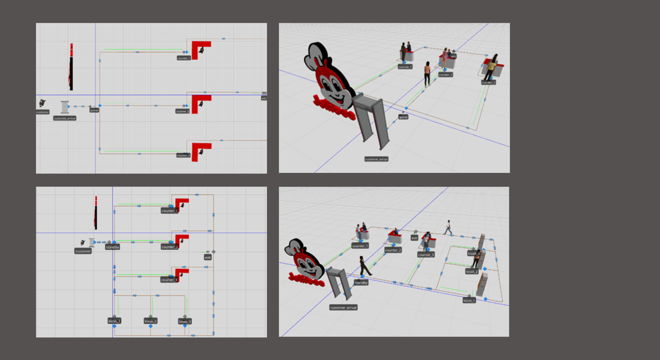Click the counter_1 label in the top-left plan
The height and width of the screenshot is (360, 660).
(183, 58)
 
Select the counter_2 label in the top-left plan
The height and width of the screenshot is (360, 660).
(182, 112)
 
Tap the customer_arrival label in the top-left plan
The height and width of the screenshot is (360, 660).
(65, 118)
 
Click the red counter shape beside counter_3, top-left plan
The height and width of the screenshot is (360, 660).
(199, 150)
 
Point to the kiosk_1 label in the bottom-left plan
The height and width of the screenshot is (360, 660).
(115, 321)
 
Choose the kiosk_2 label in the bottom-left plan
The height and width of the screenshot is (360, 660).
(150, 321)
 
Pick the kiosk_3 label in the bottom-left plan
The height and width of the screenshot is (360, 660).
(185, 321)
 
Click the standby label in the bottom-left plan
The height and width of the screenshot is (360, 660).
(112, 247)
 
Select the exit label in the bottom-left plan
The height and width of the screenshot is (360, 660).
(208, 257)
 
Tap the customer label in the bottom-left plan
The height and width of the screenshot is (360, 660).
(83, 251)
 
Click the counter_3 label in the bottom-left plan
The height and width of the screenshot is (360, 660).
(169, 280)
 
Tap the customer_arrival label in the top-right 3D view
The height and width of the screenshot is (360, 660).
(376, 159)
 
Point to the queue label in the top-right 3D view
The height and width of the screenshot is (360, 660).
(403, 117)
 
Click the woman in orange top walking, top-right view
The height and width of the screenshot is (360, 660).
(427, 73)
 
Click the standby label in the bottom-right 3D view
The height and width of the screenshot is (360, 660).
(361, 283)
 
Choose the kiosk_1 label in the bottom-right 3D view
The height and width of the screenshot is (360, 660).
(469, 300)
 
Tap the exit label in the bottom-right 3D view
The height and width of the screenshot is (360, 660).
(414, 238)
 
